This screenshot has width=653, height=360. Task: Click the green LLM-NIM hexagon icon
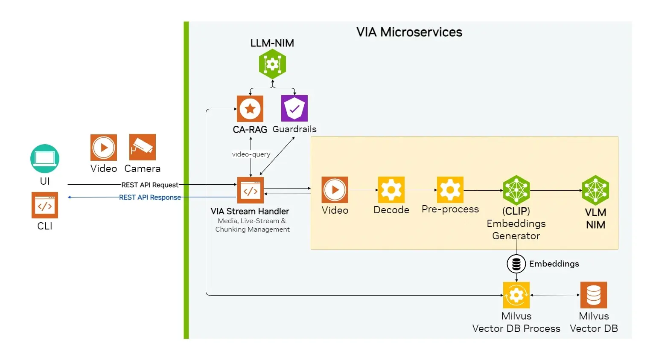[272, 64]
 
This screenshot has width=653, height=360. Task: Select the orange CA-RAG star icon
[250, 109]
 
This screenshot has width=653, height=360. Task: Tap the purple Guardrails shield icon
[294, 108]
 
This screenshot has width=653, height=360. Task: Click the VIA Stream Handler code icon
[251, 190]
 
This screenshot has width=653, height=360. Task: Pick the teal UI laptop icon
[45, 159]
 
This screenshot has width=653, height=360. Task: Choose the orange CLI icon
[45, 205]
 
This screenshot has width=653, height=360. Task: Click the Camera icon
[143, 147]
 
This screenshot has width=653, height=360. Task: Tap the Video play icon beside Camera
[104, 148]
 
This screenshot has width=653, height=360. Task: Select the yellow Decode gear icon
[391, 190]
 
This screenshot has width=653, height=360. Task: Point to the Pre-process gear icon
[450, 190]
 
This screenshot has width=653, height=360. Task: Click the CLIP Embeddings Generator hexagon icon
[516, 190]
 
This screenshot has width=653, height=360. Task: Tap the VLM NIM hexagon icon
[595, 190]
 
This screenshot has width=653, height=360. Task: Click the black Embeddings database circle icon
[516, 264]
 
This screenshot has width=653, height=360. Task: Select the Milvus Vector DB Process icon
[516, 295]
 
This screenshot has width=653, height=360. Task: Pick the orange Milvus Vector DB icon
[594, 295]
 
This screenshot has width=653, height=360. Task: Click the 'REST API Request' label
[150, 185]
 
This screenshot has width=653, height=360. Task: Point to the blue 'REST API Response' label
[150, 197]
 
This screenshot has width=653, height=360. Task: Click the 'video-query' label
[251, 154]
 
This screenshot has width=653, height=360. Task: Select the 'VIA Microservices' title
[409, 32]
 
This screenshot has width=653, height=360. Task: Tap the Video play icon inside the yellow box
[335, 190]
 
